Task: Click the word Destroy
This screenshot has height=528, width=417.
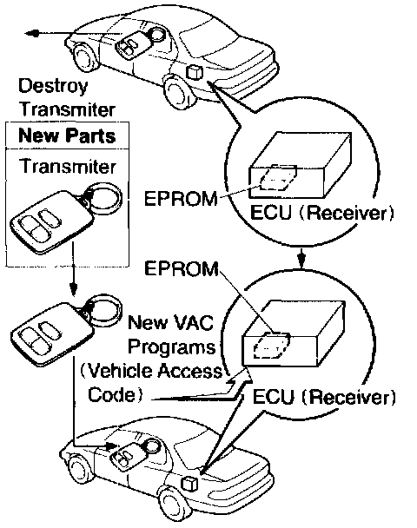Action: click(x=53, y=86)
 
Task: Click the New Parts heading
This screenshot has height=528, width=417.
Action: click(x=67, y=135)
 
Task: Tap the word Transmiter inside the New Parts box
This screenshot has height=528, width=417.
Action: click(x=68, y=167)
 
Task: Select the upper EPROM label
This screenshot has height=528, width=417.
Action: click(x=181, y=199)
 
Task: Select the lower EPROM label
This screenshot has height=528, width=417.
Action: click(x=182, y=268)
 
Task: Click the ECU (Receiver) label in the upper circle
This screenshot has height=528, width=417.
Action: click(x=321, y=213)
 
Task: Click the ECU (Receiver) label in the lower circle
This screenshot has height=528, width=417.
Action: click(x=324, y=397)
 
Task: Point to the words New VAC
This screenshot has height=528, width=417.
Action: click(x=171, y=322)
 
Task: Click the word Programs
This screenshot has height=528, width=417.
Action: click(x=172, y=346)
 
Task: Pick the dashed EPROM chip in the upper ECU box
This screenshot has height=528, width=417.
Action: click(x=278, y=177)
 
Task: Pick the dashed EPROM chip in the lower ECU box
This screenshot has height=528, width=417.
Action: click(x=272, y=346)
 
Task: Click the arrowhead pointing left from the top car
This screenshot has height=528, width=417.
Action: click(x=31, y=33)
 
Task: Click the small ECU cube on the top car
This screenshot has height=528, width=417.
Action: click(x=195, y=72)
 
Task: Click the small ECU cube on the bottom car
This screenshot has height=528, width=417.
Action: click(x=190, y=485)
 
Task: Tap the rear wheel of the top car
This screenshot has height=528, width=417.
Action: click(x=178, y=90)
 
